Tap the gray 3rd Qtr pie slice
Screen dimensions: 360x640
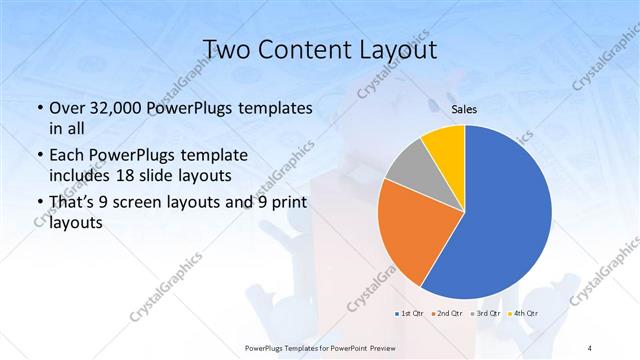point(410,170)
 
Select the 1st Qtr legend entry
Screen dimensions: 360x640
point(410,313)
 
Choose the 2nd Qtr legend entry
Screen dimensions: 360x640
point(447,313)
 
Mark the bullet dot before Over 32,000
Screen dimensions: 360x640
point(38,108)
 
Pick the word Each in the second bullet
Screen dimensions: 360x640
point(67,157)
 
